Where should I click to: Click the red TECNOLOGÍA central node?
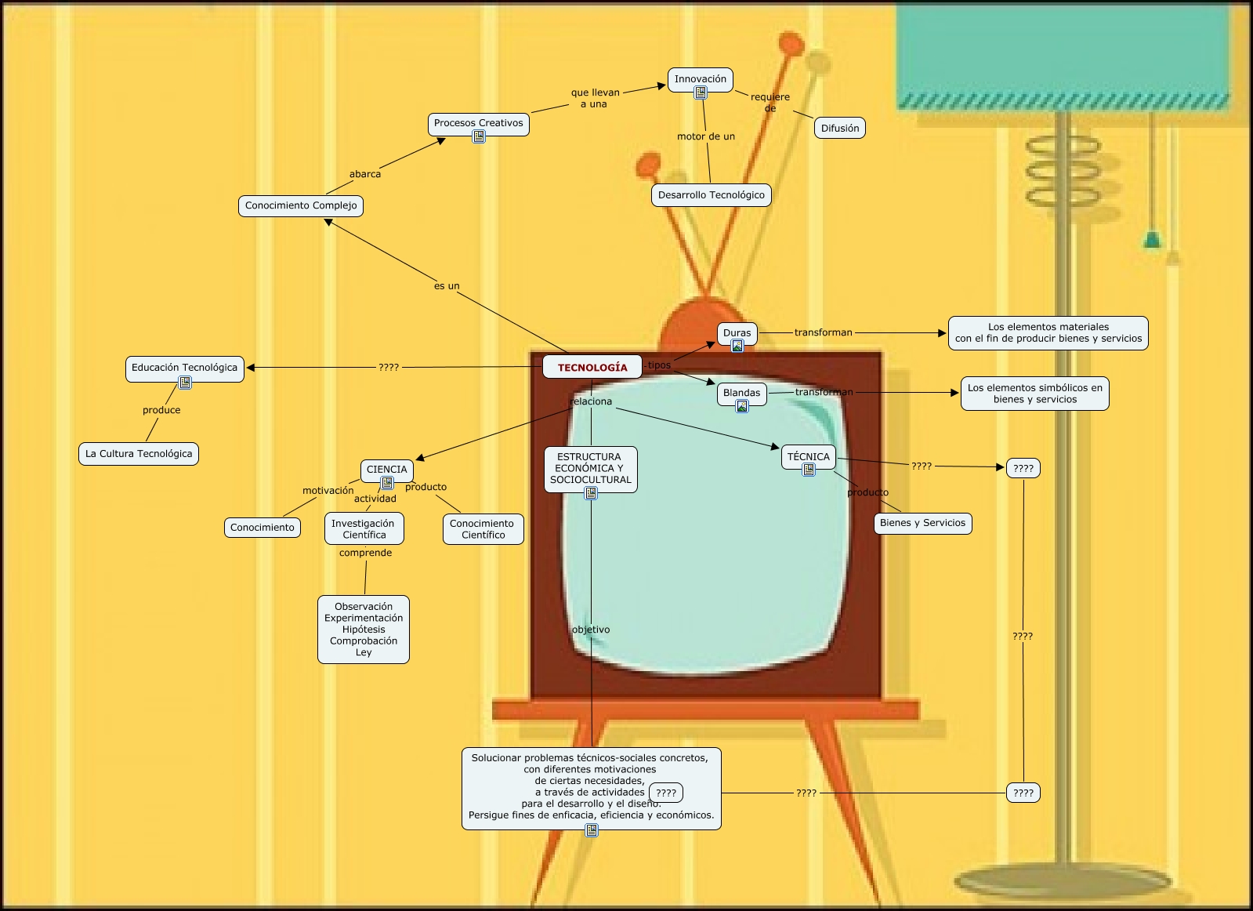[592, 367]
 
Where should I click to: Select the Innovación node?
[701, 78]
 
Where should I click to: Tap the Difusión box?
[840, 128]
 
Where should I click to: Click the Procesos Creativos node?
[478, 123]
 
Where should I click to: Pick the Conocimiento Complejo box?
[301, 205]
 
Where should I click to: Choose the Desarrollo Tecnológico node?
[711, 195]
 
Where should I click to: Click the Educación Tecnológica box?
[184, 368]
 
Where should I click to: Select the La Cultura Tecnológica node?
[139, 454]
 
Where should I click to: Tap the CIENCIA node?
[387, 470]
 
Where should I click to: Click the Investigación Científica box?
[364, 529]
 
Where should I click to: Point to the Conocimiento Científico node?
[483, 529]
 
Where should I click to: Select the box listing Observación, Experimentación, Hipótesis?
[364, 630]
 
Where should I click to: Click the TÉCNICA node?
[808, 456]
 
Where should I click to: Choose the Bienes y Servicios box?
[922, 523]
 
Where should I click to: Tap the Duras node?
[737, 332]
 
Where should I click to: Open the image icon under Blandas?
[742, 406]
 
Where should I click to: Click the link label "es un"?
[447, 286]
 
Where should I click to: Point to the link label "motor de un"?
[706, 136]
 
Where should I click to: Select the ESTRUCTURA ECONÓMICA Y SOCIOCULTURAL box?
[590, 468]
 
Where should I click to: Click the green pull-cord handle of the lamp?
[1152, 239]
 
